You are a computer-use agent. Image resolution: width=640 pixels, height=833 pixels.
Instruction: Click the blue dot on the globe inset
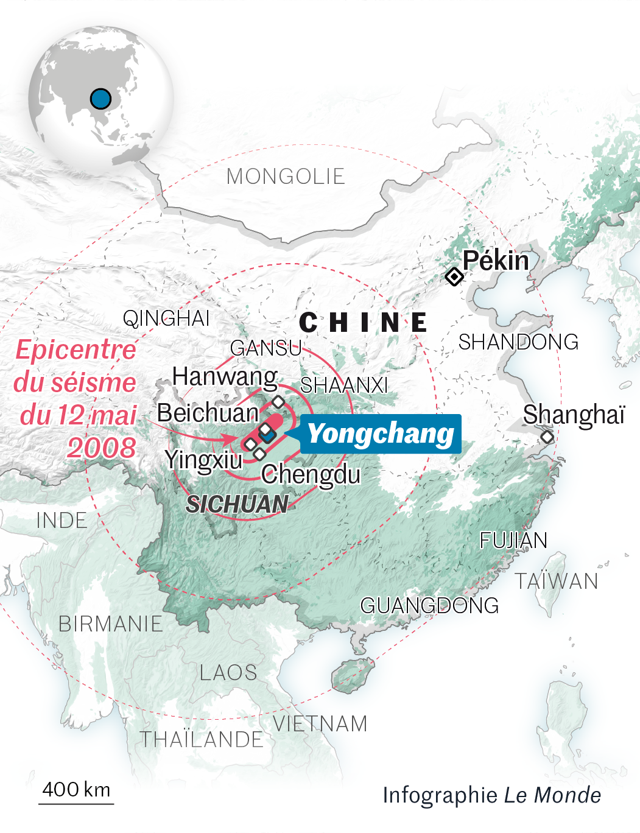[100, 98]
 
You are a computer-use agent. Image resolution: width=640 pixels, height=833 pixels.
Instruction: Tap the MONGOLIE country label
[286, 177]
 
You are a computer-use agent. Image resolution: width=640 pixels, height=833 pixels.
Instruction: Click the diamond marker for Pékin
[454, 276]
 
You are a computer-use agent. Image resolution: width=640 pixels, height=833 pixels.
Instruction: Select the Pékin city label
[496, 261]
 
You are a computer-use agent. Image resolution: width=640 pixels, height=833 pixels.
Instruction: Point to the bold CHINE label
[364, 323]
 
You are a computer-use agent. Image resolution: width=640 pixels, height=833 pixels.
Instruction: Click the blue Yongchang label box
[381, 434]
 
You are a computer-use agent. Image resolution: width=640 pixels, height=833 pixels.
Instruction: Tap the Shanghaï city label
[574, 415]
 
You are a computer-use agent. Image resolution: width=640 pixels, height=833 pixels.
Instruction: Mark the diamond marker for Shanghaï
[547, 437]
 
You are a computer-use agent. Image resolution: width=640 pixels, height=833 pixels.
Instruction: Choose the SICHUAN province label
[237, 504]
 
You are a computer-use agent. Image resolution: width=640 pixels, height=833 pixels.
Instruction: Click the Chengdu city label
[311, 474]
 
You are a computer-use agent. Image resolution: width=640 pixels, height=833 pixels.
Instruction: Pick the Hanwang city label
[225, 377]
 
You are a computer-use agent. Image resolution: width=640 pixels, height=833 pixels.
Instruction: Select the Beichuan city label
[208, 413]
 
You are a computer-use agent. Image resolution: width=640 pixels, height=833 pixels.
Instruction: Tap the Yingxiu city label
[203, 460]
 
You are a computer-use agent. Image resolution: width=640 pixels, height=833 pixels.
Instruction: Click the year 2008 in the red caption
[102, 448]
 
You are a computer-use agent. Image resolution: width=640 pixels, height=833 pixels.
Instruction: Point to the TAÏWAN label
[557, 582]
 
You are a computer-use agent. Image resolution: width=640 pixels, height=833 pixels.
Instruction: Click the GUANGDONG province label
[429, 606]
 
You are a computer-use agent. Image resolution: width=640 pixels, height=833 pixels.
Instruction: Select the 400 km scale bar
[76, 803]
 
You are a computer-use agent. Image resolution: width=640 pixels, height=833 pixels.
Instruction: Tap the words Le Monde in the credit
[553, 795]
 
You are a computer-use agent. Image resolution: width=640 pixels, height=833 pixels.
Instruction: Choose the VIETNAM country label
[320, 724]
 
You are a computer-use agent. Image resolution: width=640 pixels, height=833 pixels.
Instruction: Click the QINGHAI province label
[166, 318]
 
